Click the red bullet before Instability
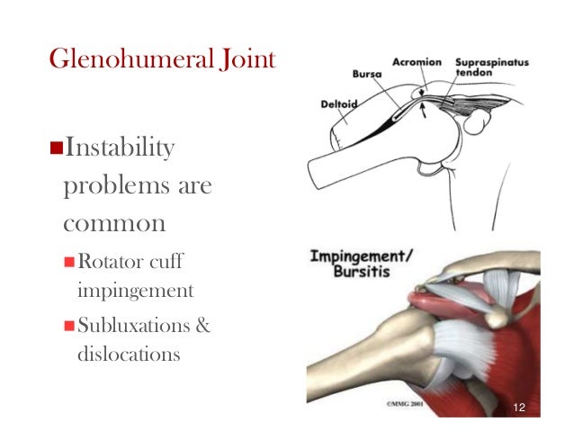coord(53,148)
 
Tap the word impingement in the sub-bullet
coord(135,292)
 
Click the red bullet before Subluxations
coord(68,325)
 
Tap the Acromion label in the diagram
coord(417,62)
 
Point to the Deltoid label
coord(339,103)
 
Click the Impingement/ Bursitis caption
coord(363,263)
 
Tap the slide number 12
coord(518,409)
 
